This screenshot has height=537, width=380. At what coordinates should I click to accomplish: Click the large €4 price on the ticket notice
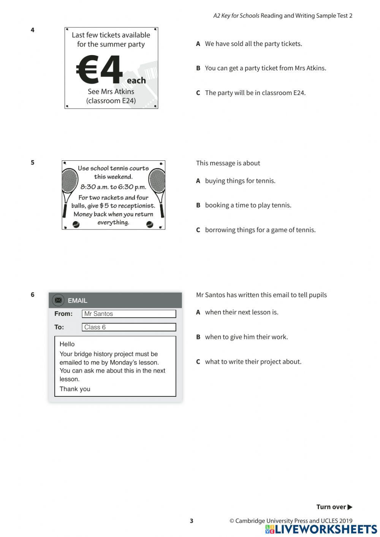pos(100,69)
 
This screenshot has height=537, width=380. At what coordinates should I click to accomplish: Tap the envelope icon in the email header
pos(58,300)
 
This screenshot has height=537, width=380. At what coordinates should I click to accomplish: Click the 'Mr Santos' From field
pos(129,314)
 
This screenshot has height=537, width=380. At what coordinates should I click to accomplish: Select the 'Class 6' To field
pos(129,327)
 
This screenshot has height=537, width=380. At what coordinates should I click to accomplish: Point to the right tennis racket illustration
pos(157,186)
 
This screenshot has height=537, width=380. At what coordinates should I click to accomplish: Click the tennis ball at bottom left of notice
pos(76,225)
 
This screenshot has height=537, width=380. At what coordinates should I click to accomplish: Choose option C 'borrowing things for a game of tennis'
pos(260,230)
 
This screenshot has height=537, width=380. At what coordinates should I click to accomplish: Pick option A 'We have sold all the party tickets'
pos(253,44)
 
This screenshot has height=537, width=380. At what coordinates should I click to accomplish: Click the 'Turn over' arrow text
pos(334,507)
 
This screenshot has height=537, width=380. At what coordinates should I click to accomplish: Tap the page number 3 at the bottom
pos(192,521)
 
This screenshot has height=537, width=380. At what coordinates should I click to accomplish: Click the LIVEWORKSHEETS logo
pos(321,529)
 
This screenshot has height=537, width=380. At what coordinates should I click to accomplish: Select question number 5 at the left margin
pos(33,163)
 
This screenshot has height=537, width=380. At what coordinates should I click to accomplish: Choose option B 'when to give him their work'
pos(246,337)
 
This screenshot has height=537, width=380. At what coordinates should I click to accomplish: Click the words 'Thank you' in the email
pos(75,389)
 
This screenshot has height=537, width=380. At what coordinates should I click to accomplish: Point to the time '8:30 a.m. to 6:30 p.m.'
pos(113,187)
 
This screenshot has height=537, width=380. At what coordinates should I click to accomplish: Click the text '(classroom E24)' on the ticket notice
pos(111,101)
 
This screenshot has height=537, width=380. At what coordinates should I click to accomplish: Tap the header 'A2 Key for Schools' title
pos(236,16)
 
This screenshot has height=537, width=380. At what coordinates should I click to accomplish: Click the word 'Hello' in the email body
pos(67,344)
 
